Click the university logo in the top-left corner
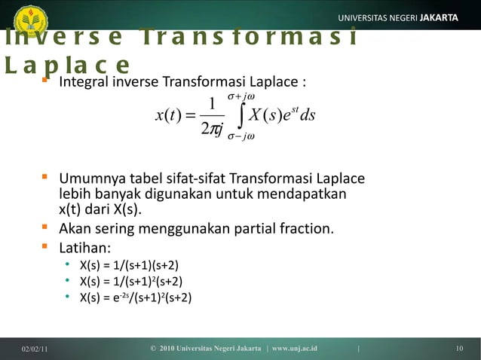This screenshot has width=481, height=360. (30, 18)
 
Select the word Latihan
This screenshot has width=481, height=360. (84, 247)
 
